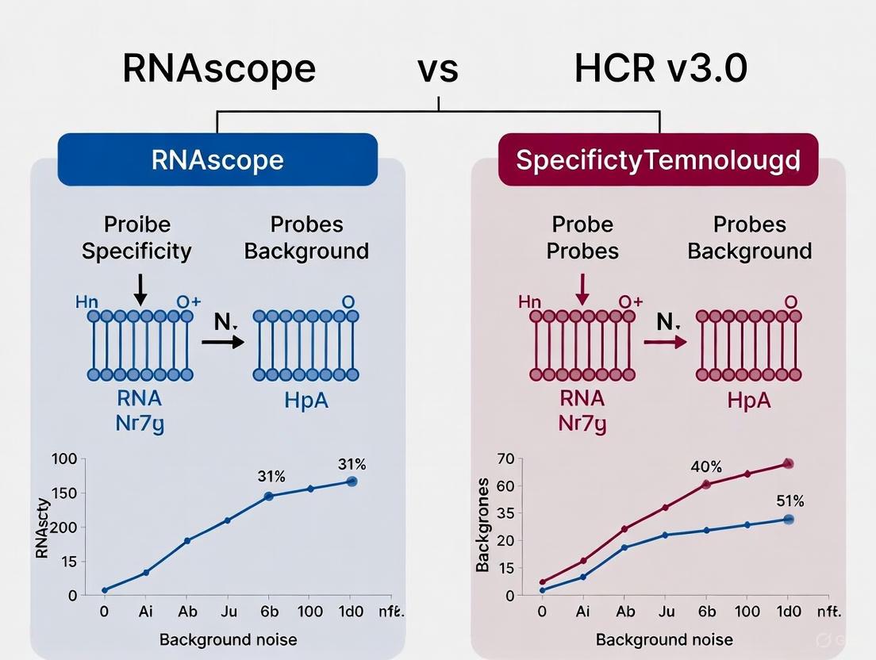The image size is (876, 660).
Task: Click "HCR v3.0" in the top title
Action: pos(660,69)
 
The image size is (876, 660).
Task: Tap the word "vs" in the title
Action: pos(438,69)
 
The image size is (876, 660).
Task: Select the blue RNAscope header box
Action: pos(217,159)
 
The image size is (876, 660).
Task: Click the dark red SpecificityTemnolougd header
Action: pos(658,159)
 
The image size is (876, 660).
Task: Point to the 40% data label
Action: pos(705,466)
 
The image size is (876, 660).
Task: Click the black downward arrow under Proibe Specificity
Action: pos(140,289)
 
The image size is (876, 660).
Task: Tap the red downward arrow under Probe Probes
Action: pos(582,289)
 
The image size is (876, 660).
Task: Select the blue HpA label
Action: pos(305,399)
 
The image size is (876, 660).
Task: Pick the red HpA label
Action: pos(748,399)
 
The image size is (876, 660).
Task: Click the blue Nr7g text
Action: pos(139,423)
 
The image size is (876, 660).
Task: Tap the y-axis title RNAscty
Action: pos(44,527)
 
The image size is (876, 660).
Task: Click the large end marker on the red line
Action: pos(788,463)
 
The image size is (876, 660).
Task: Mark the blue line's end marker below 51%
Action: pos(788,519)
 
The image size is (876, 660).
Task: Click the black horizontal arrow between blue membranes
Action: pos(223,342)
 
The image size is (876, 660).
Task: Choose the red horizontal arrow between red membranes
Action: pos(665,342)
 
